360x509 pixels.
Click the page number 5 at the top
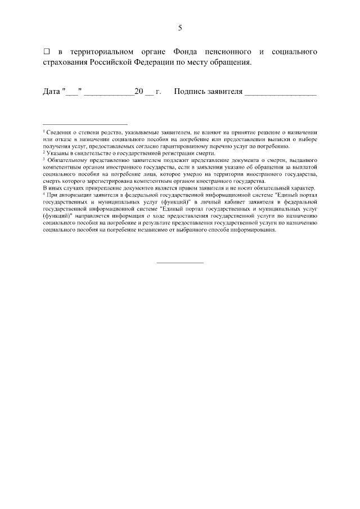point(180,28)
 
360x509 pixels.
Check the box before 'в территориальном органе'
point(47,52)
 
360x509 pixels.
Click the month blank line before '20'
point(109,93)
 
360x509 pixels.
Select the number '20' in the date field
point(139,91)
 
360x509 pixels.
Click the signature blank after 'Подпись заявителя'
point(281,93)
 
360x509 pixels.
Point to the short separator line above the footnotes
point(85,124)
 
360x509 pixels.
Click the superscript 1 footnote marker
point(44,130)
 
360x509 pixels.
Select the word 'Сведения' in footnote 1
point(58,132)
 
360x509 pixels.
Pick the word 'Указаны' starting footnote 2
point(57,153)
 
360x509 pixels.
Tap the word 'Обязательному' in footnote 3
point(67,160)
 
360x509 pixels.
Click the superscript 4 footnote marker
point(44,193)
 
